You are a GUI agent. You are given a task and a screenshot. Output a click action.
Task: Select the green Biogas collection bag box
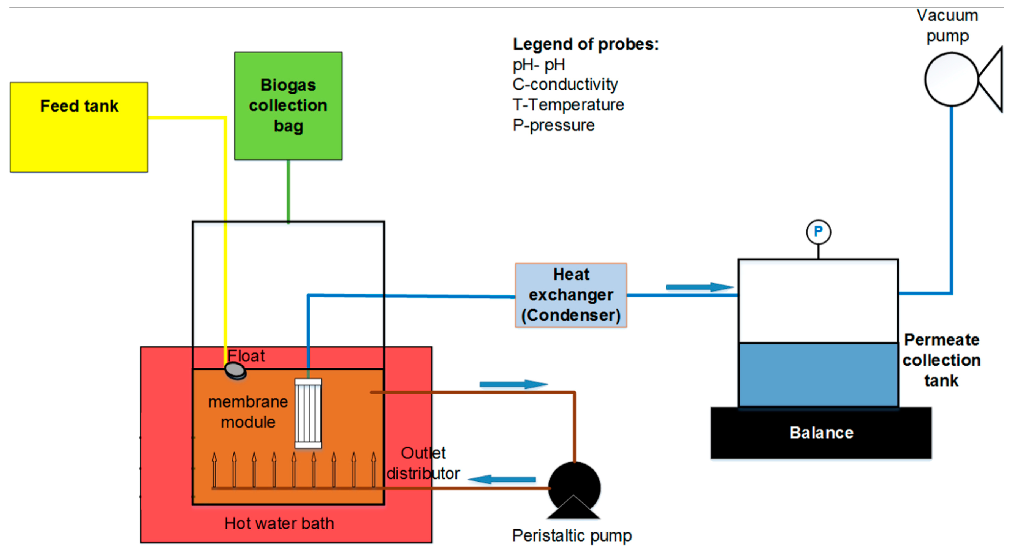pos(288,106)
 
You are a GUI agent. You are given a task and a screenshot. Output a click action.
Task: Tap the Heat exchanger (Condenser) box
pos(571,295)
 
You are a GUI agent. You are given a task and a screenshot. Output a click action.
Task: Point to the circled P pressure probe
pos(818,232)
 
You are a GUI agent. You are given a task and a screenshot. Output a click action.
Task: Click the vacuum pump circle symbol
pos(951,79)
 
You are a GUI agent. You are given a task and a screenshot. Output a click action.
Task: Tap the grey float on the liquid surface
pos(235,370)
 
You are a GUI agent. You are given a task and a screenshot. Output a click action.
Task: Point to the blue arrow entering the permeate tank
pos(699,287)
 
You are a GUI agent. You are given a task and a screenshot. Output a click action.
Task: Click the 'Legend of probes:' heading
pos(586,44)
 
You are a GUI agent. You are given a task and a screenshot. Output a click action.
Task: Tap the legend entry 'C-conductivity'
pos(565,84)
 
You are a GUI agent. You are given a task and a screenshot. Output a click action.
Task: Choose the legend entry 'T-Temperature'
pos(568,105)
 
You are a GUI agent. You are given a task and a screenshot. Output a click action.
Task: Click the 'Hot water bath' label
pos(279,523)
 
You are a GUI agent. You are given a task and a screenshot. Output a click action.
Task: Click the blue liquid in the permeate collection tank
pos(818,375)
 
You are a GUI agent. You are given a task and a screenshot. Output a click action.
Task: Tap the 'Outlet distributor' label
pos(423,463)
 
